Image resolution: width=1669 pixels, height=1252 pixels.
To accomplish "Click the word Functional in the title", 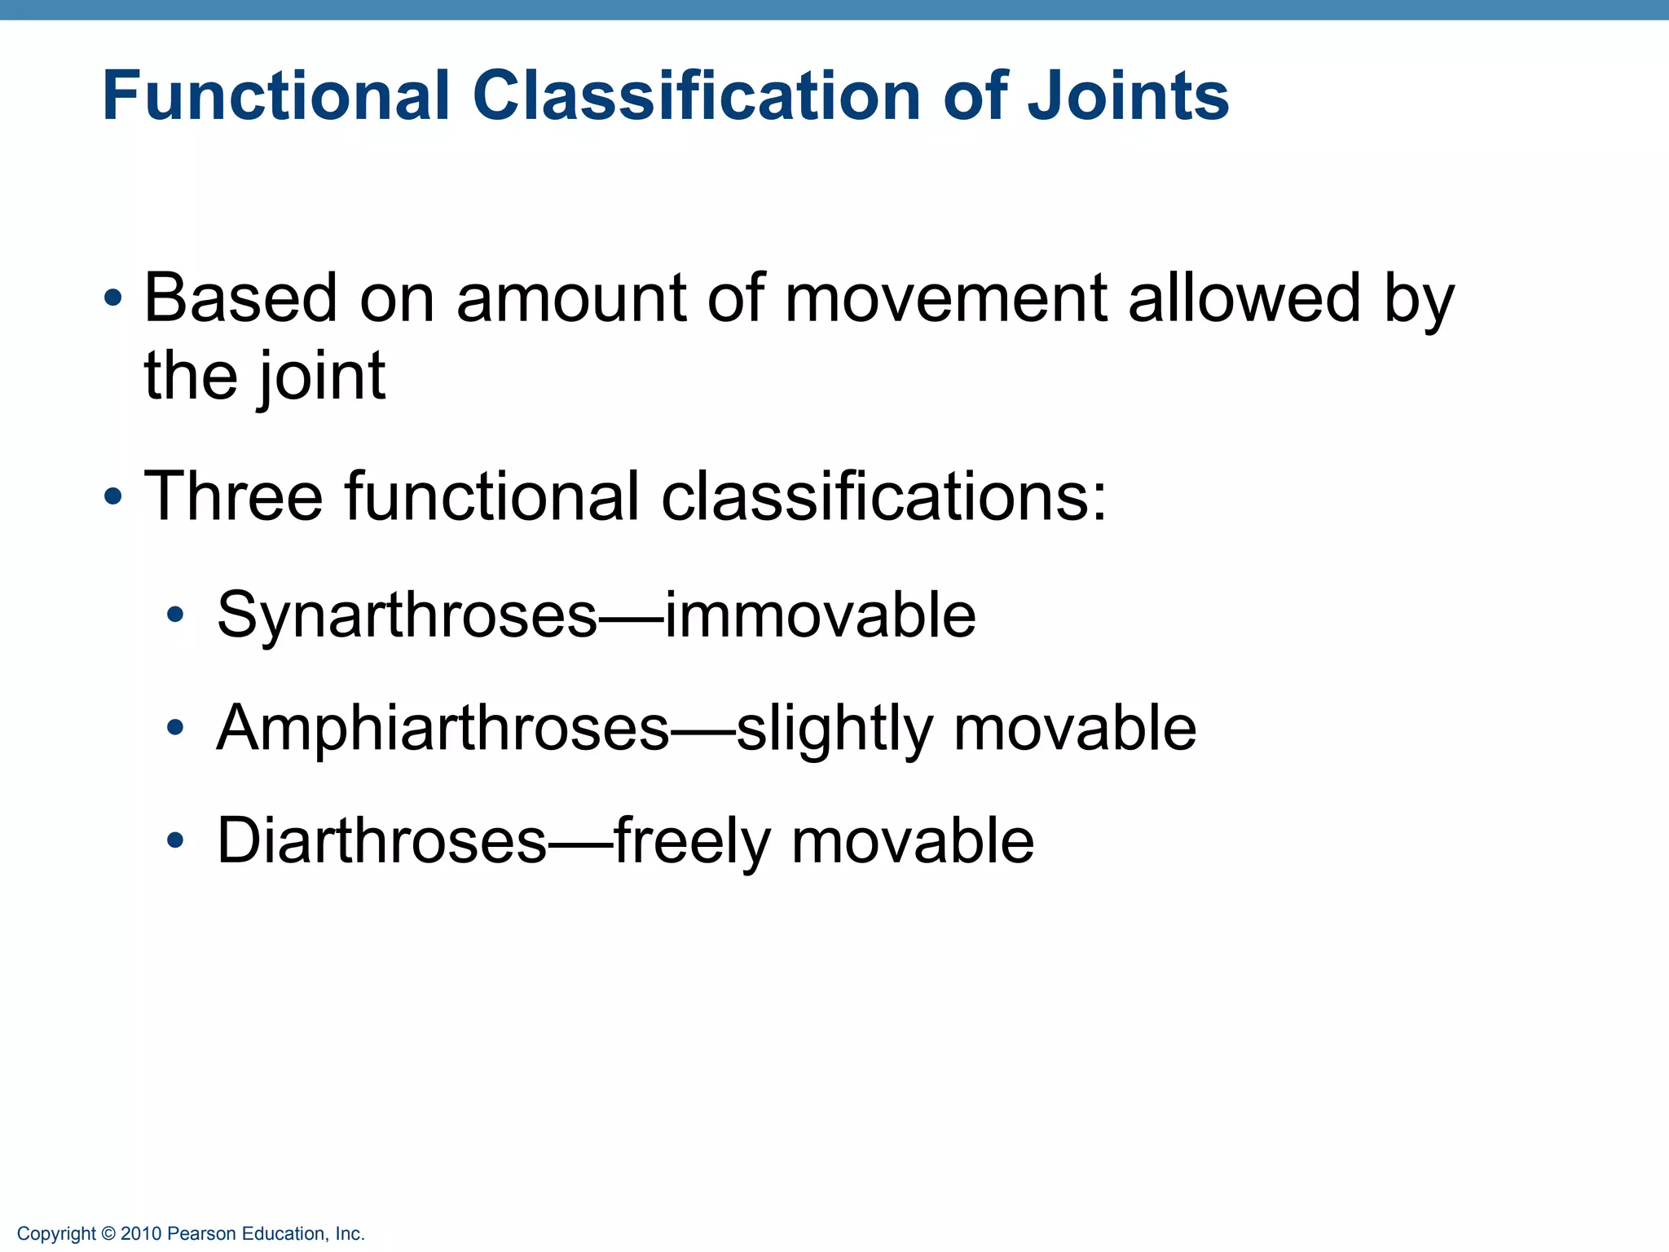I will (x=275, y=96).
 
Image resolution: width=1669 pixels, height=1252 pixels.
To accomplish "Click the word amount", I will (x=571, y=298).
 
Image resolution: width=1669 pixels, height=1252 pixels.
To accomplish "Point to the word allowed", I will (x=1244, y=298).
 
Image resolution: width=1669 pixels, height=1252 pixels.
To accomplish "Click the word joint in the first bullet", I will (x=321, y=377).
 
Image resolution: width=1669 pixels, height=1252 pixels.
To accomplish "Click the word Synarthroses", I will (x=407, y=615).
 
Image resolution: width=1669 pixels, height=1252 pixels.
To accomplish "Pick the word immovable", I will (x=820, y=615).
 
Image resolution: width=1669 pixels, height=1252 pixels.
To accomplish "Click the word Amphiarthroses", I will (x=443, y=728).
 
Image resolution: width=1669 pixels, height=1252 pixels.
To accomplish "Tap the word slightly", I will (x=834, y=728).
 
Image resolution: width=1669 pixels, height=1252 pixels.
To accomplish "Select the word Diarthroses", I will (x=381, y=841).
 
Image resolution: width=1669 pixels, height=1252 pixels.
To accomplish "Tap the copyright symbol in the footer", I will (x=108, y=1234).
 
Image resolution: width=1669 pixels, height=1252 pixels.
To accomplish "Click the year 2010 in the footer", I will (x=141, y=1234).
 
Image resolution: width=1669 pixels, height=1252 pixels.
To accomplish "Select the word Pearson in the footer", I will (x=201, y=1234).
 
